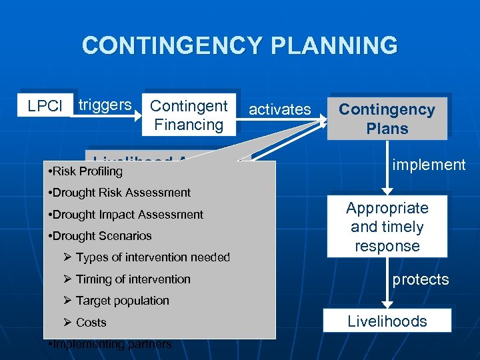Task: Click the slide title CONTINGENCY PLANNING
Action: pyautogui.click(x=239, y=46)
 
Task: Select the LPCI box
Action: pyautogui.click(x=45, y=106)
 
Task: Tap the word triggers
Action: pyautogui.click(x=105, y=105)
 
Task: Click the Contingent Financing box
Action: pyautogui.click(x=189, y=115)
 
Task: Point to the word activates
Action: pyautogui.click(x=279, y=109)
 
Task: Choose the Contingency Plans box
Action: pyautogui.click(x=387, y=118)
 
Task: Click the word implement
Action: pyautogui.click(x=429, y=164)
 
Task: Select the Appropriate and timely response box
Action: pyautogui.click(x=387, y=227)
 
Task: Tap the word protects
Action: pyautogui.click(x=420, y=279)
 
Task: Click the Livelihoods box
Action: pyautogui.click(x=387, y=321)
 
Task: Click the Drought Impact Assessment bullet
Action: pyautogui.click(x=127, y=215)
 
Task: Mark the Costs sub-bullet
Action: pyautogui.click(x=91, y=323)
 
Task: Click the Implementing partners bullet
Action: pyautogui.click(x=111, y=344)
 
